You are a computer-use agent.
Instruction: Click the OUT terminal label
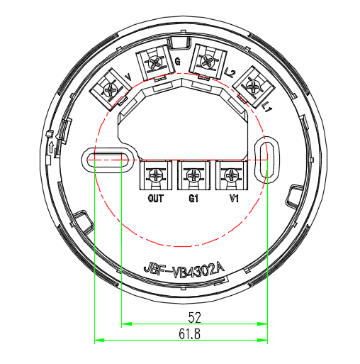pyautogui.click(x=156, y=198)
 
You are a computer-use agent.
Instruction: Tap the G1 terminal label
pyautogui.click(x=193, y=198)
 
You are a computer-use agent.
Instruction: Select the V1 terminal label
pyautogui.click(x=234, y=198)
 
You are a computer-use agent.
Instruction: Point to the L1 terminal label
pyautogui.click(x=268, y=107)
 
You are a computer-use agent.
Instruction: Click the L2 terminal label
pyautogui.click(x=230, y=72)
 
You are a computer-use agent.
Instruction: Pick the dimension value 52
pyautogui.click(x=194, y=318)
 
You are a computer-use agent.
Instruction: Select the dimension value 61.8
pyautogui.click(x=189, y=334)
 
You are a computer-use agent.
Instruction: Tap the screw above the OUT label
pyautogui.click(x=156, y=175)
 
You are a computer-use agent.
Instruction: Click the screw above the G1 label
pyautogui.click(x=193, y=175)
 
